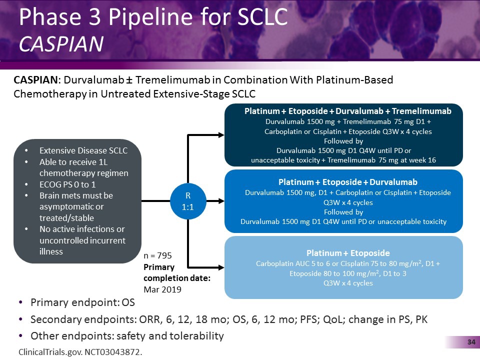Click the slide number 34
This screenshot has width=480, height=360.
click(x=470, y=342)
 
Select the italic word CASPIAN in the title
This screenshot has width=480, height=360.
click(x=61, y=44)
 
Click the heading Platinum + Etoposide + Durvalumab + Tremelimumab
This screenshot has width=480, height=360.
click(x=347, y=111)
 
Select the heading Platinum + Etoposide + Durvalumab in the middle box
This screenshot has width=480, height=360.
click(x=347, y=182)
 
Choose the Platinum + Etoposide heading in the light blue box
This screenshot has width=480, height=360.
click(x=347, y=253)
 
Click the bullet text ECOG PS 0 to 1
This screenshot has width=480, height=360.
click(x=67, y=184)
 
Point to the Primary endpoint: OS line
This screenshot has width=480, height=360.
click(x=82, y=303)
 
